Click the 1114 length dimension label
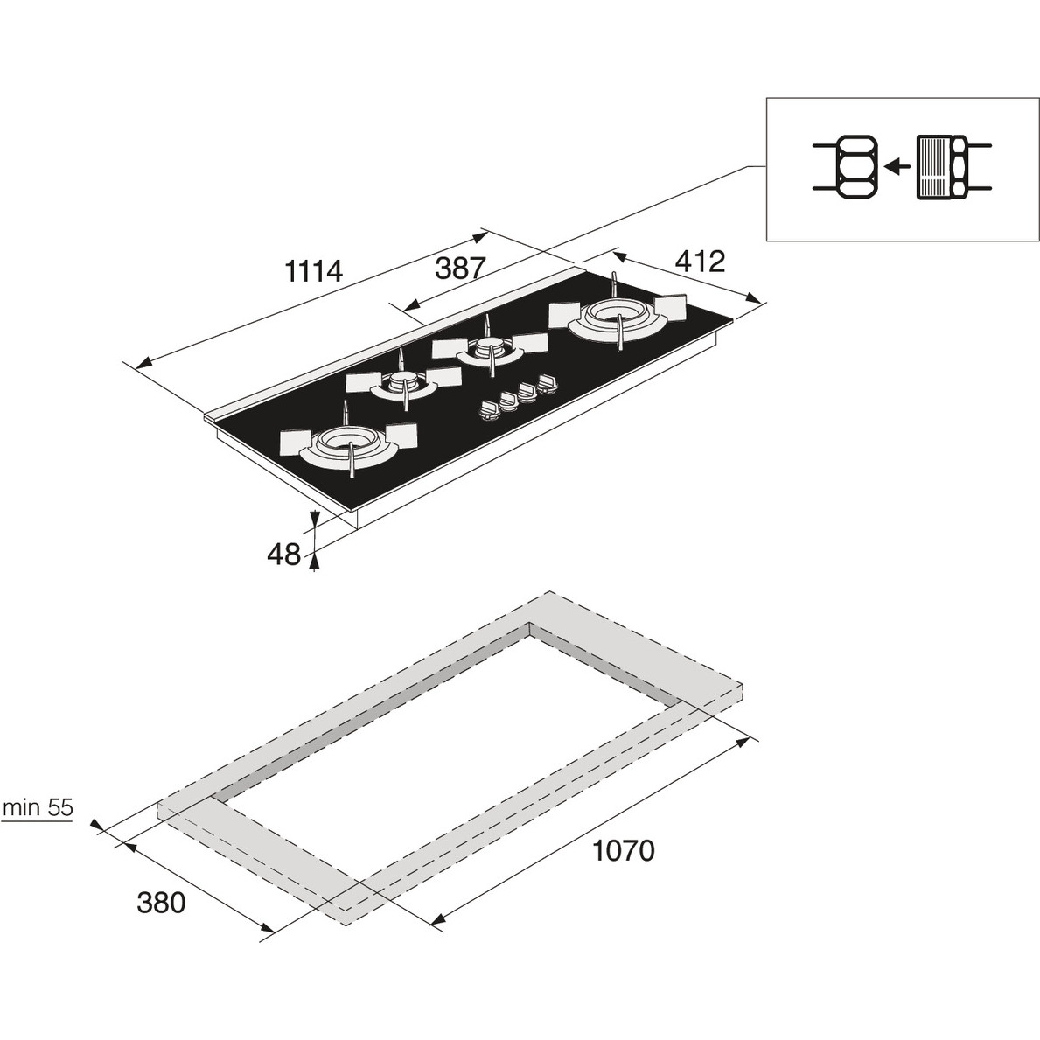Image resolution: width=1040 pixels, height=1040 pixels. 313,270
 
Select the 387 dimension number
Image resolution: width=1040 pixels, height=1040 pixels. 461,268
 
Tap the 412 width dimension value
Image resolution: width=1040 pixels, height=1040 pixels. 701,262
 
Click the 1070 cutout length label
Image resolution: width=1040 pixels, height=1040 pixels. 623,851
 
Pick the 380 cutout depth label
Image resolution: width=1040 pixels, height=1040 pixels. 161,903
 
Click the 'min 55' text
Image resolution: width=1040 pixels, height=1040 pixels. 38,808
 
